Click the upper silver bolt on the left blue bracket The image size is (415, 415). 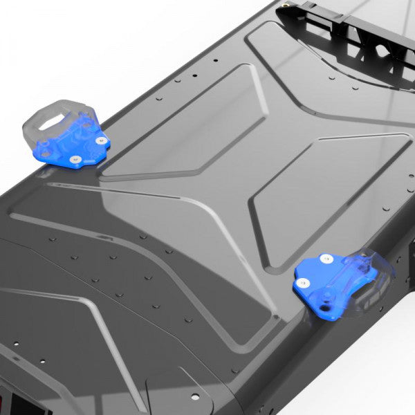[x=102, y=140]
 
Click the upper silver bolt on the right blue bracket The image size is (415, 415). [x=326, y=259]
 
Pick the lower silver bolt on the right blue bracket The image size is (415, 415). [x=302, y=282]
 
